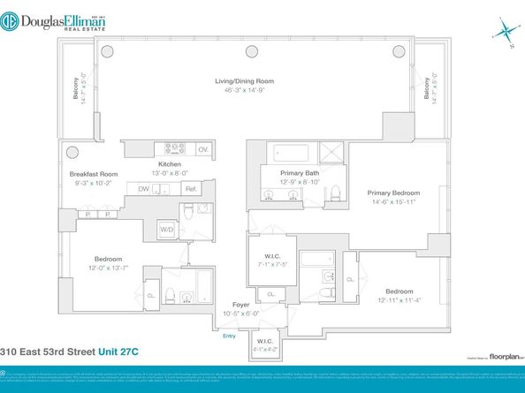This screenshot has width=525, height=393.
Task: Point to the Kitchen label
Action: point(170,164)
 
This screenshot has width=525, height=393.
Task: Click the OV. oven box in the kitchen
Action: point(202,149)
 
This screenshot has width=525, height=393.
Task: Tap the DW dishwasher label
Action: point(143,188)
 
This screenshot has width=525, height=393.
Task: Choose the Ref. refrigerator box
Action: point(190,189)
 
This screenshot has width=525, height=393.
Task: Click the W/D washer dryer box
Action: point(166,230)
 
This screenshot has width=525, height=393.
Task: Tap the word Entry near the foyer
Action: point(230,336)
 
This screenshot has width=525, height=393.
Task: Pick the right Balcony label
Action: point(427,92)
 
